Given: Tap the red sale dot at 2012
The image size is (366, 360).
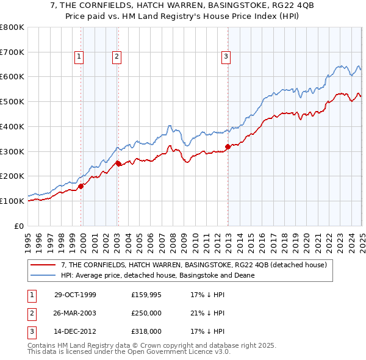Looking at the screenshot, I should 228,146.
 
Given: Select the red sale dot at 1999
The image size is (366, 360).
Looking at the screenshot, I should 81,186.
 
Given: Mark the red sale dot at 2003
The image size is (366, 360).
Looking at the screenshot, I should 119,163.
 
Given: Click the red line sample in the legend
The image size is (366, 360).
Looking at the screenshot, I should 43,265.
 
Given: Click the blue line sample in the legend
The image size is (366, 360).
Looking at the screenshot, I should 43,275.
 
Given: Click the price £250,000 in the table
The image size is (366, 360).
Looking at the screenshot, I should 146,313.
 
